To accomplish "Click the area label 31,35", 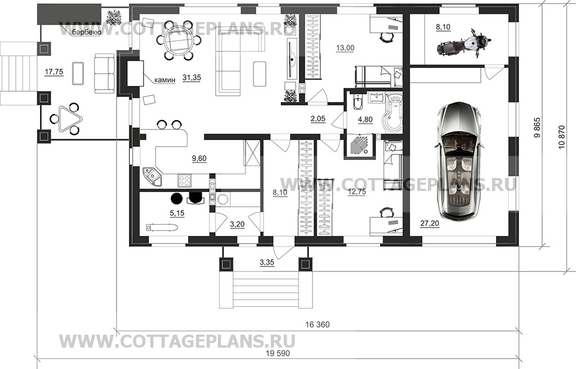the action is (192, 78).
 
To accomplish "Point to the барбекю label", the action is (84, 33).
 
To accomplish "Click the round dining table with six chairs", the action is (178, 41).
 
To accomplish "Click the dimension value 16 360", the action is (318, 324).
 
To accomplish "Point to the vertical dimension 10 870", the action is (562, 137).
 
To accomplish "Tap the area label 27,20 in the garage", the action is (430, 223).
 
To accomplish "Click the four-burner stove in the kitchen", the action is (184, 180).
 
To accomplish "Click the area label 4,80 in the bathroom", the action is (365, 119).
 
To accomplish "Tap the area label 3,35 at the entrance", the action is (267, 263).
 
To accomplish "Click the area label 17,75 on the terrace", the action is (53, 72).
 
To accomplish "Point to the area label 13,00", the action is (345, 47).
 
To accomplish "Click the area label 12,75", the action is (356, 192).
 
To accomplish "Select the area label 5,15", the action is (177, 213).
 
